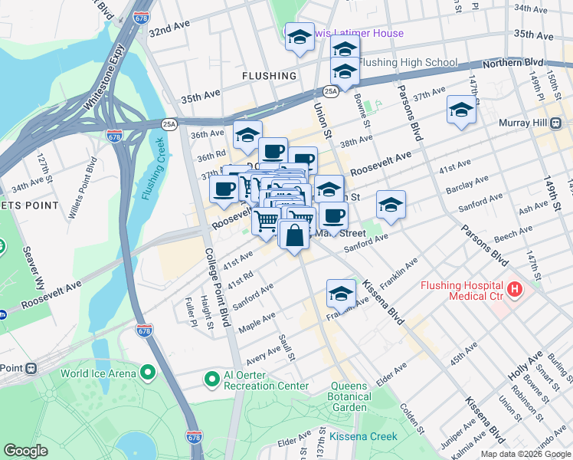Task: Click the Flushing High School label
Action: click(x=408, y=63)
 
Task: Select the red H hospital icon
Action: click(x=514, y=291)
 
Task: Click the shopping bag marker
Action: click(x=294, y=235)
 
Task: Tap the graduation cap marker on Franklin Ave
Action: click(x=341, y=293)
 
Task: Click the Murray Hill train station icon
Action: click(x=556, y=123)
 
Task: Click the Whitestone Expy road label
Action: click(x=105, y=76)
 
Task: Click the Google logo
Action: click(x=26, y=451)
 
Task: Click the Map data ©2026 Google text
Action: click(x=526, y=454)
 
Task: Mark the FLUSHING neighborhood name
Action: click(x=269, y=76)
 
